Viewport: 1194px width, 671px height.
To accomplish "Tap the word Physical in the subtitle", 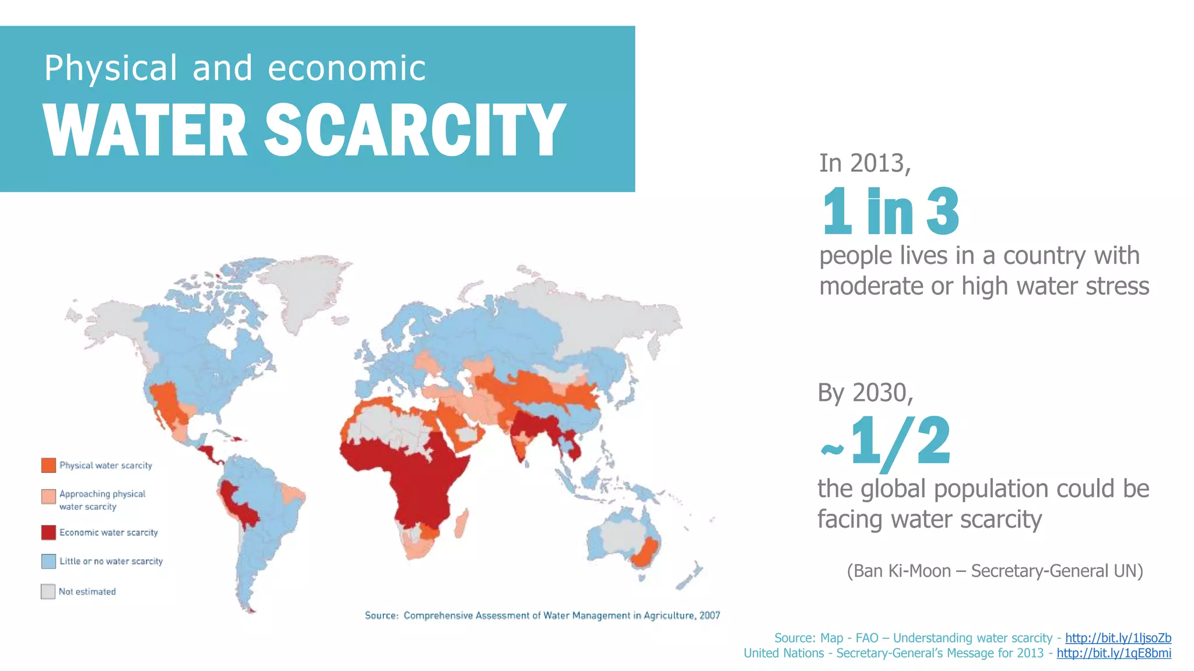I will [x=111, y=68].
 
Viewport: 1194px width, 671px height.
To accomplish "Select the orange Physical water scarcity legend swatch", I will [x=48, y=465].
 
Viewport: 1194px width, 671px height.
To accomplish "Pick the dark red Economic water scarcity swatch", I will [x=48, y=532].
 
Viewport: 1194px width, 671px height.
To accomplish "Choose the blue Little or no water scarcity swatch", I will [x=48, y=561].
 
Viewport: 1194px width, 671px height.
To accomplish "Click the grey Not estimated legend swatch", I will [x=48, y=592].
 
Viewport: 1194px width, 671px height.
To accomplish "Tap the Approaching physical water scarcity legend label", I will [x=102, y=500].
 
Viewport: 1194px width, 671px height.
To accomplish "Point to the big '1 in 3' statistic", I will [x=890, y=211].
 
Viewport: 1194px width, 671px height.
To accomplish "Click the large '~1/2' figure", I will [x=886, y=443].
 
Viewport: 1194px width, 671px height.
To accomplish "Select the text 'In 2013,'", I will [x=865, y=164].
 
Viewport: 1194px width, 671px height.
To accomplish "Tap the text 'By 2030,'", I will [x=865, y=393].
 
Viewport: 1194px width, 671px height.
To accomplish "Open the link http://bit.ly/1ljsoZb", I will [x=1118, y=638].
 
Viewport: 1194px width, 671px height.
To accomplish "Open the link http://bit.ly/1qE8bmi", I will [x=1114, y=653].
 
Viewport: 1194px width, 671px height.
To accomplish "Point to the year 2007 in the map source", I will [x=710, y=616].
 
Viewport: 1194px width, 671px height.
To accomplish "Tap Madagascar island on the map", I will [x=461, y=523].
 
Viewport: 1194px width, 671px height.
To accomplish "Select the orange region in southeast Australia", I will [x=644, y=553].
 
